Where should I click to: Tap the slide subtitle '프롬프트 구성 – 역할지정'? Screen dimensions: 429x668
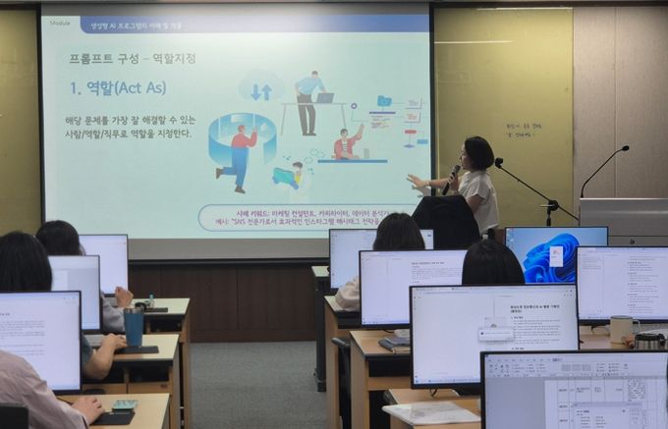tap(132, 58)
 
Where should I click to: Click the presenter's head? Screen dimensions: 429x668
tap(478, 152)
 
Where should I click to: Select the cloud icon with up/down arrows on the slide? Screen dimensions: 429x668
tap(261, 89)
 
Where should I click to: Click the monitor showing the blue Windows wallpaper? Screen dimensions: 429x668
tap(555, 254)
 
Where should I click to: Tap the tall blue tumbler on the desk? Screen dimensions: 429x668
tap(134, 326)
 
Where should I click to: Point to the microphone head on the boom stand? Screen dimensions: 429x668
tap(499, 162)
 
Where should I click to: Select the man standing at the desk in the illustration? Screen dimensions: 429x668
tap(306, 100)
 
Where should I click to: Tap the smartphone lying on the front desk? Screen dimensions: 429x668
tap(125, 404)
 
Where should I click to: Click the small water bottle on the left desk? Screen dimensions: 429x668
tap(150, 301)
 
